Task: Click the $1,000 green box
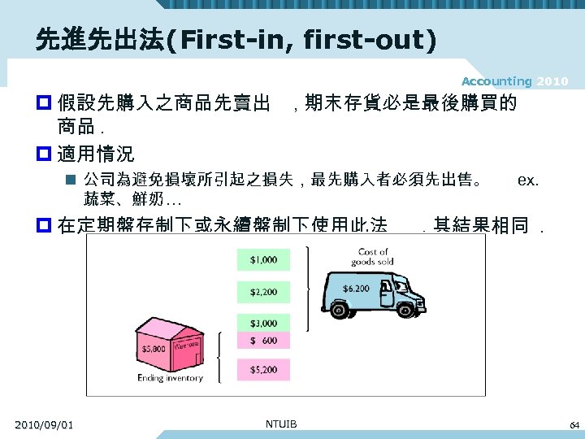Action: coord(263,260)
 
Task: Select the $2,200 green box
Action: coord(263,291)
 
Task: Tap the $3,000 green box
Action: coord(263,324)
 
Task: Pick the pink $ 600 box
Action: coord(263,341)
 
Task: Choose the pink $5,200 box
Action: coord(263,370)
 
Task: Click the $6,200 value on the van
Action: coord(356,289)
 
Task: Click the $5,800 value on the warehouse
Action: coord(154,348)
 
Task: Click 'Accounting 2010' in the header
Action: coord(514,81)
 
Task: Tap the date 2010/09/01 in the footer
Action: coord(44,424)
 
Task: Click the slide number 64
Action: coord(574,424)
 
